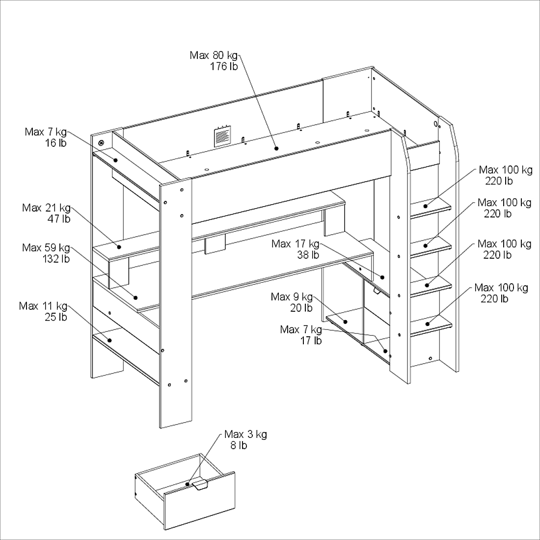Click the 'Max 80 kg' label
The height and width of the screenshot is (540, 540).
pos(214,55)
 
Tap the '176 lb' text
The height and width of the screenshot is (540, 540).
pos(224,67)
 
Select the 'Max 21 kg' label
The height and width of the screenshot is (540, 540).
pos(46,208)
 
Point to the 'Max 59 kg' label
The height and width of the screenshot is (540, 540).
pos(46,248)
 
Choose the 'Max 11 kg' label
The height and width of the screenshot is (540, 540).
pos(43,306)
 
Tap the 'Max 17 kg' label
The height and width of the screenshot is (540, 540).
pos(295,244)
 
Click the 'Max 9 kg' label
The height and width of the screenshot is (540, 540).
pos(292,297)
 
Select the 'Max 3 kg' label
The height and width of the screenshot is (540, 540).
pos(245,434)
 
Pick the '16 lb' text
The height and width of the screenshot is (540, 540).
pos(56,143)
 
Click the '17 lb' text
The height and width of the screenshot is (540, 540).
pos(311,340)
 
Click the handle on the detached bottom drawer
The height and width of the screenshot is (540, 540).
pos(200,485)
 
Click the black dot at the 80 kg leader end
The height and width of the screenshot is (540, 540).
pos(276,148)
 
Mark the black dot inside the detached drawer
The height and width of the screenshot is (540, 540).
pos(188,484)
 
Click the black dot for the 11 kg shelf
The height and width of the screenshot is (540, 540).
pos(109,340)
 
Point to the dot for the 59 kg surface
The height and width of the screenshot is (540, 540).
pos(136,297)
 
